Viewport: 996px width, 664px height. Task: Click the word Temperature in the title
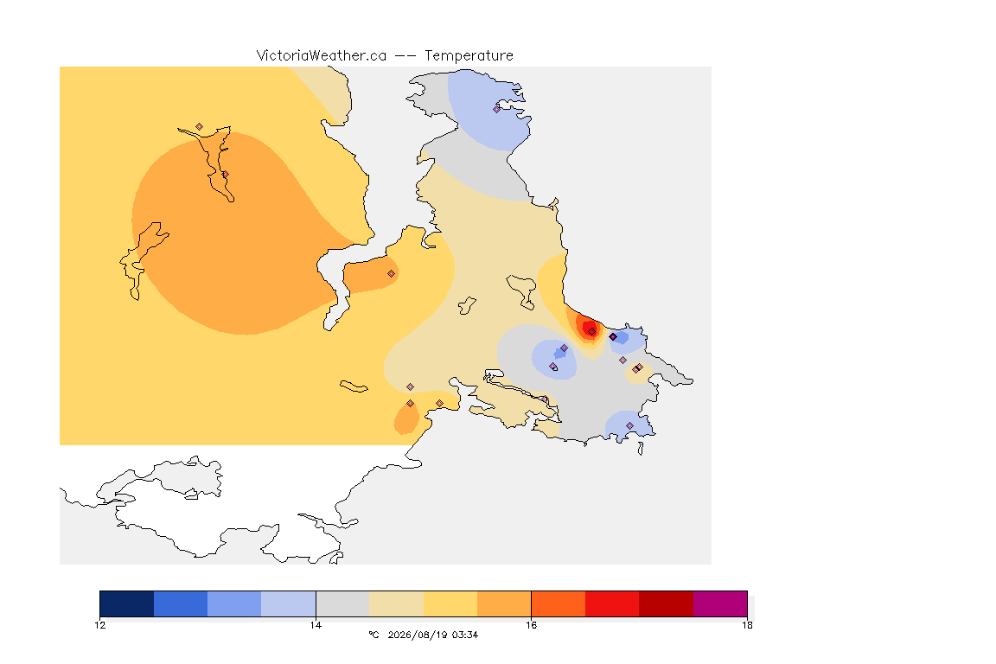click(469, 56)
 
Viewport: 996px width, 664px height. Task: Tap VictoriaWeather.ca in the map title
click(322, 56)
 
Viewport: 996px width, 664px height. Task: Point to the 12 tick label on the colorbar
click(99, 625)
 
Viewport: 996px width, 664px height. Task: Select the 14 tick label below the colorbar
click(316, 625)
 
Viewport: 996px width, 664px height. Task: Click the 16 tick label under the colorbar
click(531, 625)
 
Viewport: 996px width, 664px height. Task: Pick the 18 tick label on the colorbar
click(747, 625)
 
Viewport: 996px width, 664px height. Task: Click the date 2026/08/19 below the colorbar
click(418, 635)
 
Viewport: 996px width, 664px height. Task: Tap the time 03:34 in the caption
click(465, 635)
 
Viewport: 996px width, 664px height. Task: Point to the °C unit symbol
click(373, 635)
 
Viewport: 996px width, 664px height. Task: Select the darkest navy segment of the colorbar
click(127, 603)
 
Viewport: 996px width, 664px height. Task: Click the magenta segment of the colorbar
click(720, 603)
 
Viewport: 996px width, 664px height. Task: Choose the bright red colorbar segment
click(612, 603)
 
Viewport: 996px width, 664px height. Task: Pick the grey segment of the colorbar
click(342, 603)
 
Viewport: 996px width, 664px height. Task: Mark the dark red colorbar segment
click(667, 603)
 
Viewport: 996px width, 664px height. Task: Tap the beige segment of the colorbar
click(396, 603)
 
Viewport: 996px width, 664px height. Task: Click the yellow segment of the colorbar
click(450, 603)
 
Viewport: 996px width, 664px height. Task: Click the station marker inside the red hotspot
click(592, 332)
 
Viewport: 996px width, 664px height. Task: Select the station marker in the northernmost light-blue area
click(497, 109)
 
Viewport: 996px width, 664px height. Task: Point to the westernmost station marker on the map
click(200, 127)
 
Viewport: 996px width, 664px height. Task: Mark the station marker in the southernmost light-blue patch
click(629, 425)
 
